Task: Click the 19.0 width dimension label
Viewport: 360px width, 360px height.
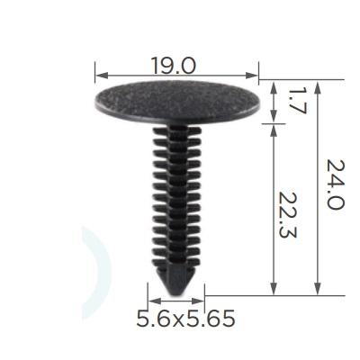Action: [x=174, y=66]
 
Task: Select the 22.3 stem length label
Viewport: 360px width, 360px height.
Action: [x=287, y=215]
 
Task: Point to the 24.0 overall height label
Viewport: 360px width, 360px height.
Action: [x=335, y=184]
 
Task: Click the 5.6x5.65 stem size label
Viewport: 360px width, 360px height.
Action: [x=185, y=319]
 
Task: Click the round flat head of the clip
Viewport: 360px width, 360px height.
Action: [x=177, y=101]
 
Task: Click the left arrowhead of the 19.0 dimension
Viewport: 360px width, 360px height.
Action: [x=101, y=76]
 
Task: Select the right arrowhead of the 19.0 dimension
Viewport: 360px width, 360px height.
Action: [x=252, y=76]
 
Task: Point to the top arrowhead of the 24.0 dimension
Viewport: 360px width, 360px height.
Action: [x=319, y=86]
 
